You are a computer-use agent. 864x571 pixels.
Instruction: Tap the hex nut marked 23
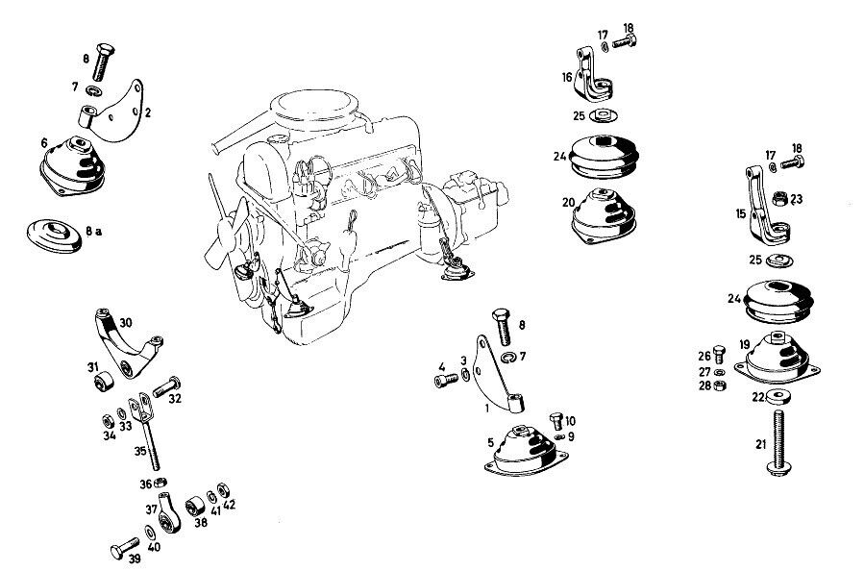[780, 200]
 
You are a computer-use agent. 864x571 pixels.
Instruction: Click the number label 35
[139, 450]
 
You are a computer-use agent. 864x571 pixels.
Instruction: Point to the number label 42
[229, 504]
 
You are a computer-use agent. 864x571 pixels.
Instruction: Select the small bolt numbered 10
[555, 420]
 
